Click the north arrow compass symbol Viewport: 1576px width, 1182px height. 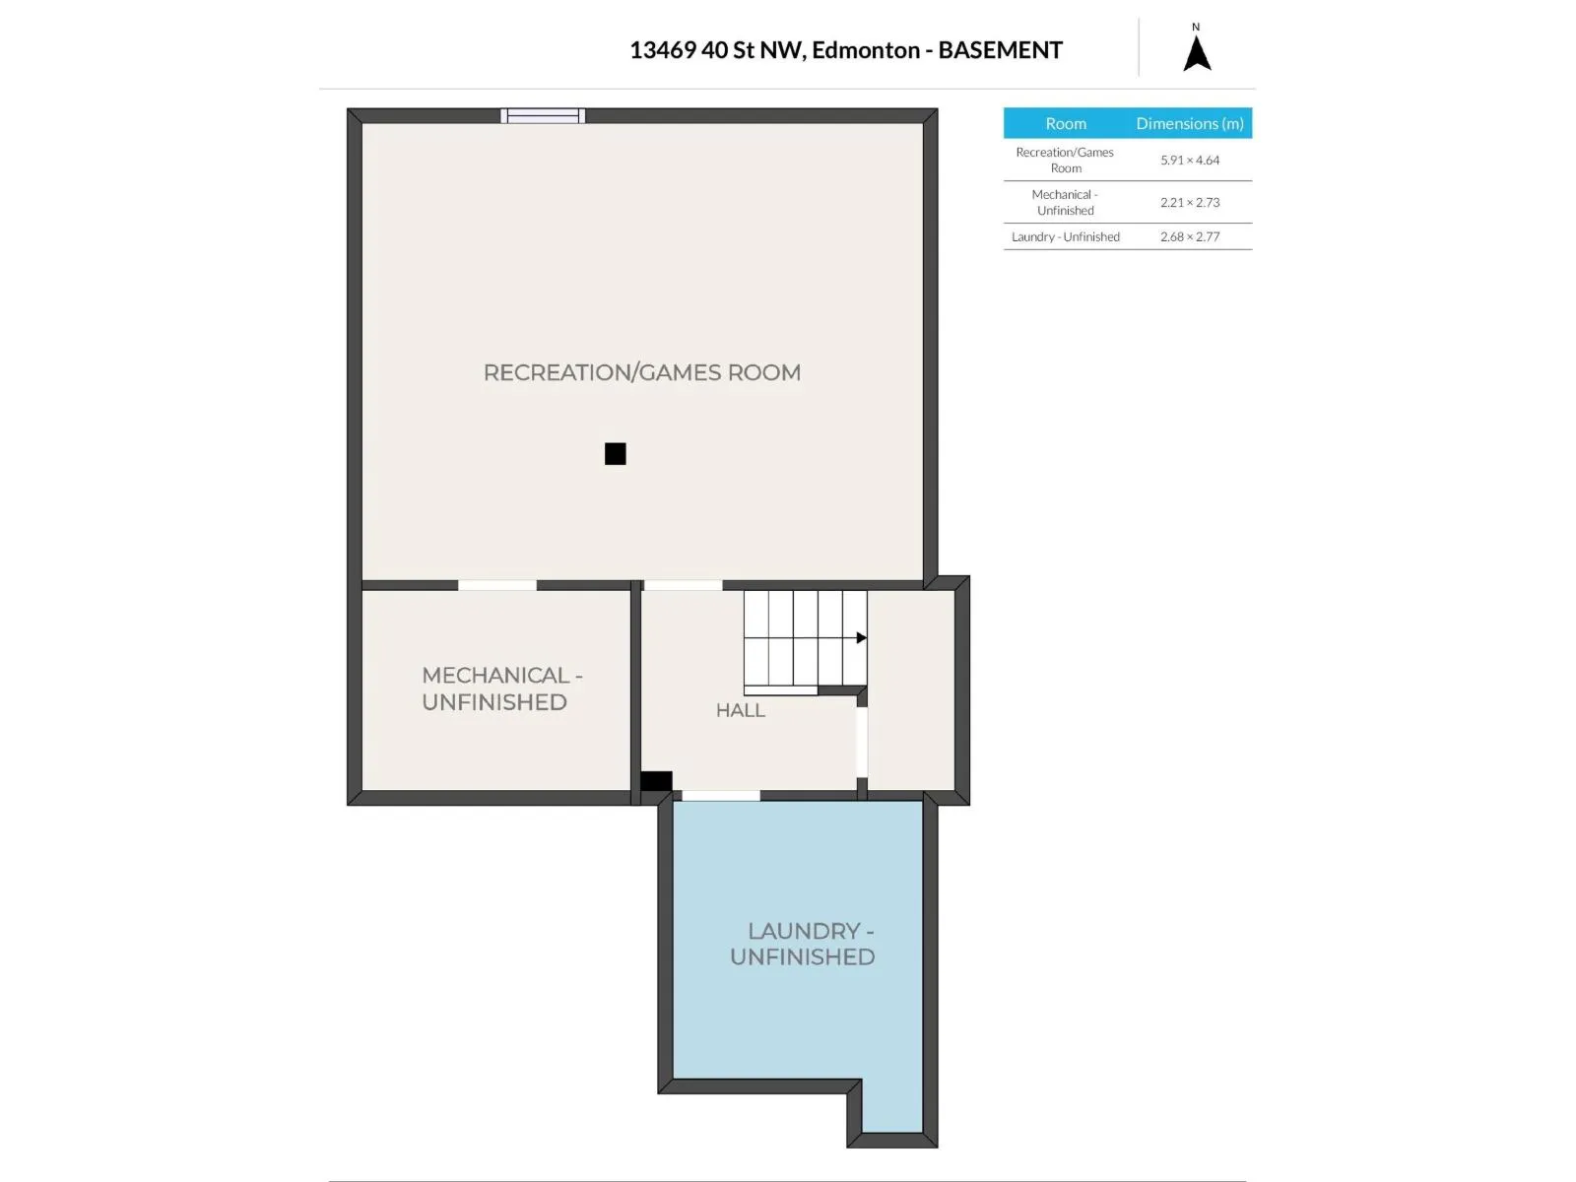(x=1197, y=53)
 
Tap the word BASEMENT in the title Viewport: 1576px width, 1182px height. (x=1000, y=50)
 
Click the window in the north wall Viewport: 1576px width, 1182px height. (x=543, y=115)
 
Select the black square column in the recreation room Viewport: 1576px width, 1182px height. (x=616, y=453)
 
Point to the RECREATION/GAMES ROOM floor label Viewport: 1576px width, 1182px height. (x=642, y=372)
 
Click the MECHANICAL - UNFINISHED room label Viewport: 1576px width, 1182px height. (x=502, y=689)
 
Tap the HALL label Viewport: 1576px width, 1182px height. (x=741, y=710)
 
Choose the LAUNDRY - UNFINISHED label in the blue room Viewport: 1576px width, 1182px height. (x=803, y=944)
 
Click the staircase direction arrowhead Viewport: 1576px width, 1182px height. (x=862, y=637)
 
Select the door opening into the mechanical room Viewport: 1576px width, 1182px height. (x=496, y=586)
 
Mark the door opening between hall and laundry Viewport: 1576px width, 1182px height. (x=721, y=795)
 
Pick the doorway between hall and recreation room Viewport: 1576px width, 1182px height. (x=683, y=586)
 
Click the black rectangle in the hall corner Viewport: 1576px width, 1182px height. (x=656, y=781)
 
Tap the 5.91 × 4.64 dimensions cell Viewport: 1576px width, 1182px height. (x=1190, y=160)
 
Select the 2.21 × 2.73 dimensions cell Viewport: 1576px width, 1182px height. (x=1190, y=202)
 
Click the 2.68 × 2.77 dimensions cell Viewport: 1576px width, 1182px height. (x=1190, y=236)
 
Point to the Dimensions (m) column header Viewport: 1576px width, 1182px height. (x=1190, y=123)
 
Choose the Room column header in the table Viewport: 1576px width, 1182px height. (x=1066, y=123)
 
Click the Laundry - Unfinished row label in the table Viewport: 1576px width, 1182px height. (x=1066, y=236)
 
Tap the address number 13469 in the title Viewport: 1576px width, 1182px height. (x=663, y=50)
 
